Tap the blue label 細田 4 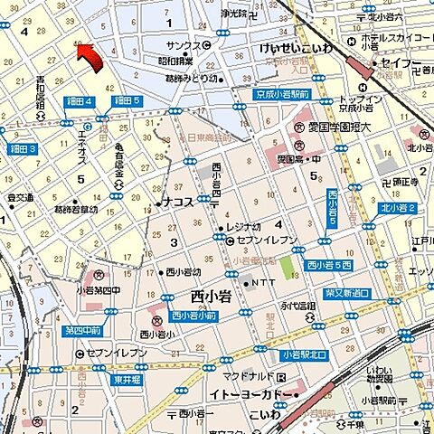pos(80,101)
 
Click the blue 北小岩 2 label pos(398,209)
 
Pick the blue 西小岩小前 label pos(193,316)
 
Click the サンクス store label pos(184,45)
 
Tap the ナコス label pos(177,203)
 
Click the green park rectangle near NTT pos(286,268)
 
